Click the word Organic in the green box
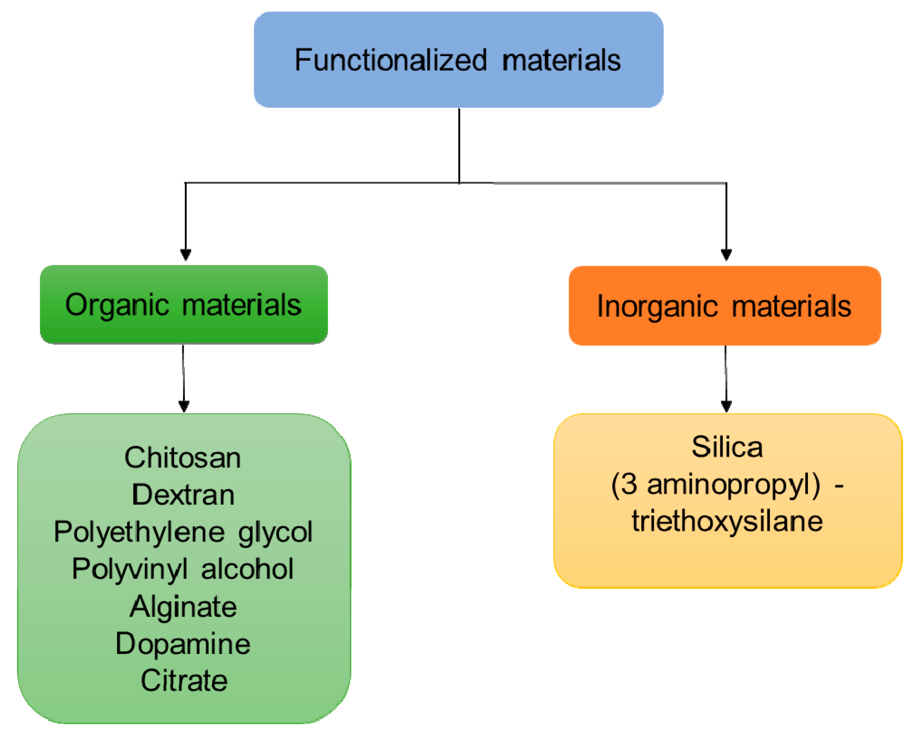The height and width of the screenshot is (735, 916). coord(117,305)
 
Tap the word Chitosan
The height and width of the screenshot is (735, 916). coord(183,458)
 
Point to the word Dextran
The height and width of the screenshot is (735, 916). coord(183,495)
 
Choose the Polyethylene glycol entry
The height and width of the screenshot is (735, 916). coord(183,532)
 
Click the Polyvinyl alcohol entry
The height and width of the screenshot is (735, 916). coord(183,569)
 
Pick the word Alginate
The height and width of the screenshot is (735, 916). coord(183,606)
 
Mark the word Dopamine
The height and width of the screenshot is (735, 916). coord(183,644)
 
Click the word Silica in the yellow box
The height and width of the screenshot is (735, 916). coord(727,447)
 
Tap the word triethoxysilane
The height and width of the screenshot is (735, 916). coord(727,521)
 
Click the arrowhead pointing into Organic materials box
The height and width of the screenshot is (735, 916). coord(186,254)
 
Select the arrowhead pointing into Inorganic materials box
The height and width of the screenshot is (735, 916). coord(726,254)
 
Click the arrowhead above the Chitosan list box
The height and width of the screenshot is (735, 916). coord(183,406)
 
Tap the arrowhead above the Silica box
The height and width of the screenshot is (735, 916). coord(726,406)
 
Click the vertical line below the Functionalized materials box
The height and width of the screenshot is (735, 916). coord(459,145)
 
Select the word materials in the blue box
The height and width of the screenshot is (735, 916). coord(561,60)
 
